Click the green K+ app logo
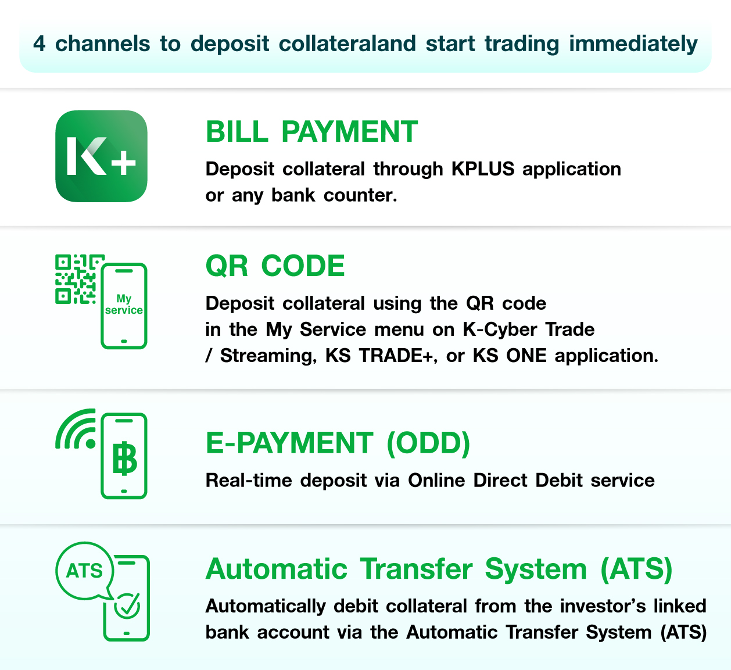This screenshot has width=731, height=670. tap(101, 156)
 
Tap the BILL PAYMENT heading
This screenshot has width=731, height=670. tap(311, 131)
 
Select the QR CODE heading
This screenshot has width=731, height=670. tap(275, 266)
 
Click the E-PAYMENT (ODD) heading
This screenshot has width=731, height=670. tap(338, 443)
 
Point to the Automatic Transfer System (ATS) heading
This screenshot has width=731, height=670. tap(439, 569)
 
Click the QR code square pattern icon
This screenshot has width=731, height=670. tap(77, 280)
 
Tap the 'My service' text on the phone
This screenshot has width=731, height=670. tap(124, 304)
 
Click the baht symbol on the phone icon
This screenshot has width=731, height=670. tap(124, 458)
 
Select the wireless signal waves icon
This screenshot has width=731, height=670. tap(76, 429)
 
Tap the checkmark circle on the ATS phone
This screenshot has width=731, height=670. tap(127, 606)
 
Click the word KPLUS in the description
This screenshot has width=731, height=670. tap(483, 169)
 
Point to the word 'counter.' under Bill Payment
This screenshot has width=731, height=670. tap(360, 195)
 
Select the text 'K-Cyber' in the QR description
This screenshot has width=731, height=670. tap(500, 330)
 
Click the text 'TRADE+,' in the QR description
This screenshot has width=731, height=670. tap(398, 356)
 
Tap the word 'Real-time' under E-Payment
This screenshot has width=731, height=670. tap(249, 481)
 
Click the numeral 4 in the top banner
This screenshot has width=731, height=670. tap(40, 44)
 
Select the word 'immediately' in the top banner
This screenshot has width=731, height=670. tap(633, 45)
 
